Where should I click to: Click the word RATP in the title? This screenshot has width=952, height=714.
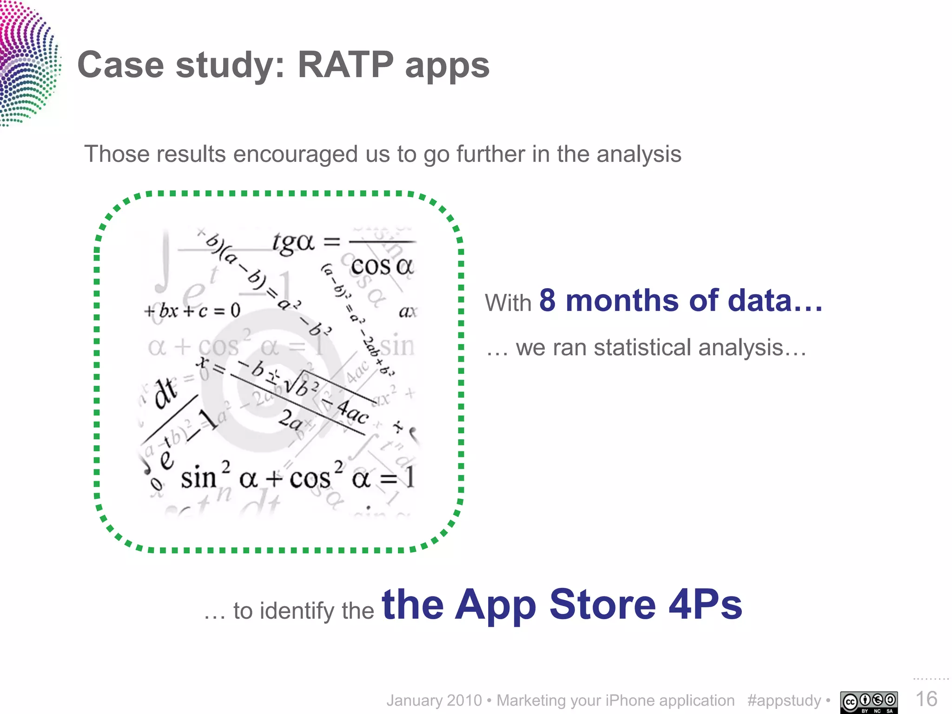(345, 65)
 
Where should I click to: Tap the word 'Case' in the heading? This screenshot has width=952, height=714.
(120, 65)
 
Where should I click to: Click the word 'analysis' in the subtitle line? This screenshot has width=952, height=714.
(639, 154)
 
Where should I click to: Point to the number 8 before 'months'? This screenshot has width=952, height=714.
(547, 301)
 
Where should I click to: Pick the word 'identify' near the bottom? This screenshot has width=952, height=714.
(297, 611)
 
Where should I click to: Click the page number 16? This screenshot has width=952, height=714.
(926, 699)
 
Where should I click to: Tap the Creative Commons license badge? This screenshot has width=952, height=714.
(869, 702)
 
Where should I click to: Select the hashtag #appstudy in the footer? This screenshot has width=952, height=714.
(784, 701)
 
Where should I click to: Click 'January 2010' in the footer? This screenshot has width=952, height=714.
(434, 701)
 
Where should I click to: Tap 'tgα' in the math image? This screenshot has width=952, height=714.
(293, 243)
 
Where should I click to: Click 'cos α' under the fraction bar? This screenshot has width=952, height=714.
(382, 266)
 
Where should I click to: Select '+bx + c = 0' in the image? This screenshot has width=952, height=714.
(192, 311)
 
